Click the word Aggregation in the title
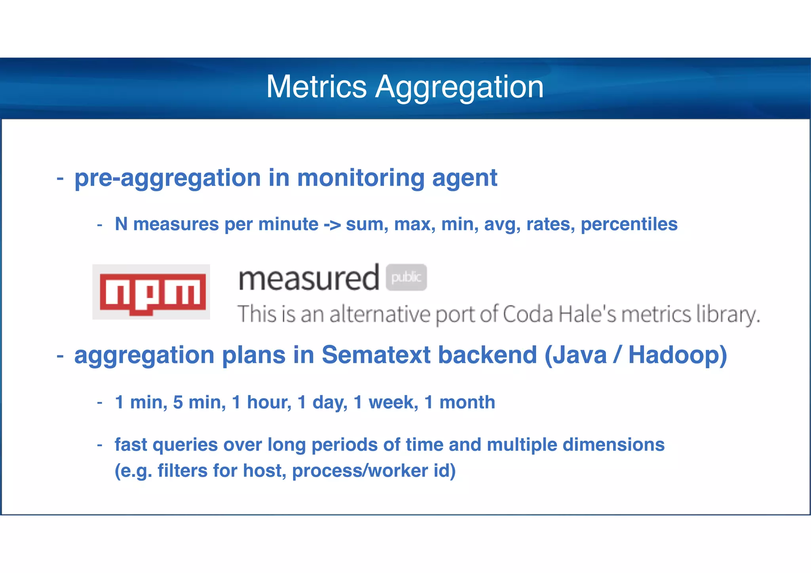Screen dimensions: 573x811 tap(459, 88)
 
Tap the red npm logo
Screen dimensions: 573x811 tap(152, 293)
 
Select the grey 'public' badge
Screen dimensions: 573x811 tap(406, 277)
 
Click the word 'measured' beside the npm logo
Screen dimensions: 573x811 tap(309, 279)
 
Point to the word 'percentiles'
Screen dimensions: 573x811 tap(629, 225)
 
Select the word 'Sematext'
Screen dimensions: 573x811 tap(376, 355)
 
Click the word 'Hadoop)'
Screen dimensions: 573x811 tap(678, 355)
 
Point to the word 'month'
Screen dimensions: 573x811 tap(467, 402)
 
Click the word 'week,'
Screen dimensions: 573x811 tap(393, 402)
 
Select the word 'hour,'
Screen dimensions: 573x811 tap(269, 402)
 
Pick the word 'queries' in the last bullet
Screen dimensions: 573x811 tap(185, 445)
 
